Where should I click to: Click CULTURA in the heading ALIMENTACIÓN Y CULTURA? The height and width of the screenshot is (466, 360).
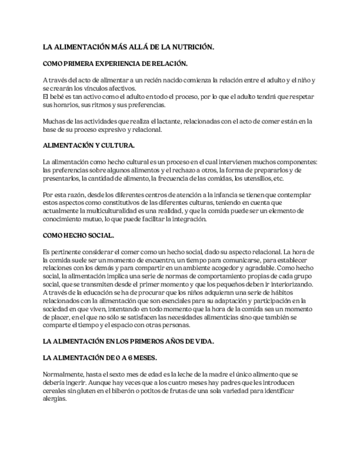click(117, 146)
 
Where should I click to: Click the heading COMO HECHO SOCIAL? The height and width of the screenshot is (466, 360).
click(78, 235)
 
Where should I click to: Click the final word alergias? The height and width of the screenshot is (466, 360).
click(54, 399)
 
